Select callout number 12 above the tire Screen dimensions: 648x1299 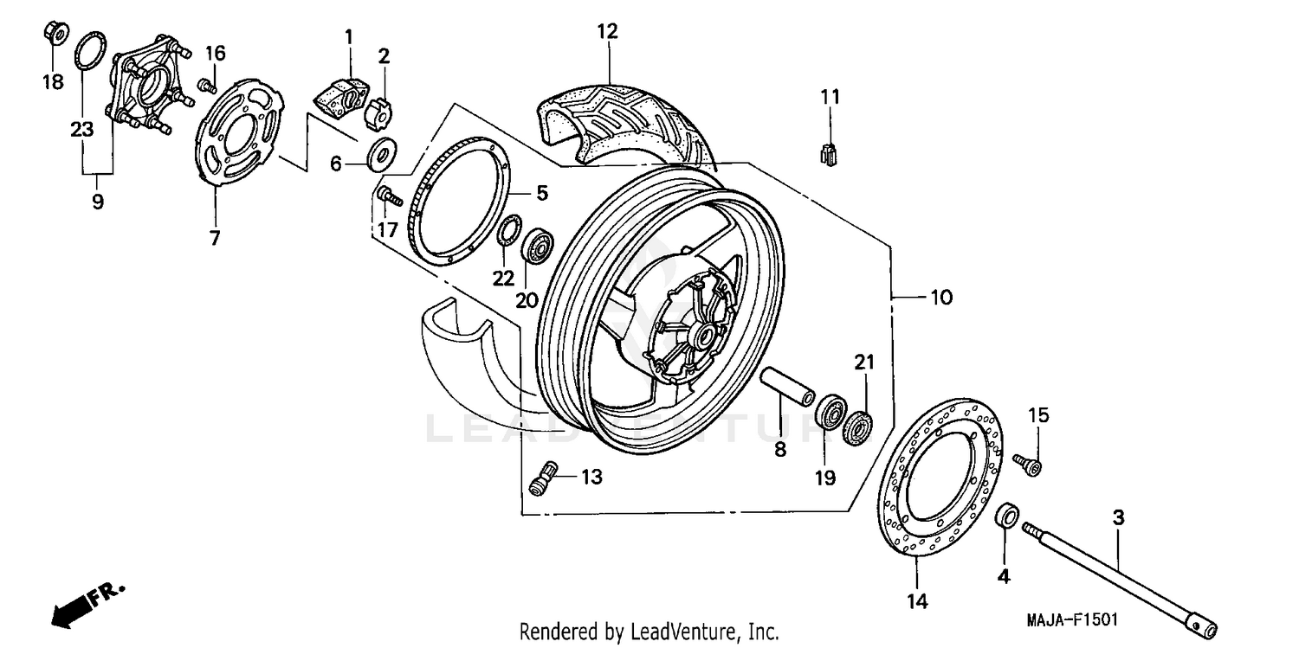(607, 32)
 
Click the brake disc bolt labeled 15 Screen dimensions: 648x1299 (1030, 465)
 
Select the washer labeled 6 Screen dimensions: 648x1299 (379, 155)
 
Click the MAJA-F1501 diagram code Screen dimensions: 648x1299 (1072, 620)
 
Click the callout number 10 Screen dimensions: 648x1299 (940, 298)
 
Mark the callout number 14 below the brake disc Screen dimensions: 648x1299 (918, 600)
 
